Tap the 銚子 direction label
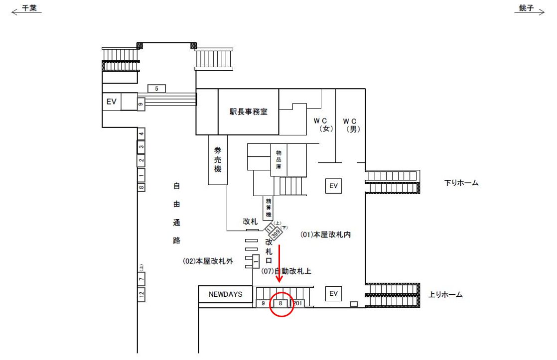(526, 8)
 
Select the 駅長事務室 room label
(248, 112)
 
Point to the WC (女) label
(323, 124)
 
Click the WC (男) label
(351, 124)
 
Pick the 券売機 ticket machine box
(217, 160)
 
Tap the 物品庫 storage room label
(278, 160)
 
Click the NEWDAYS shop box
(225, 294)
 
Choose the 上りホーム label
(445, 295)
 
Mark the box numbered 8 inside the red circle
(280, 303)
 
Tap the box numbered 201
(298, 303)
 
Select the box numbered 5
(156, 89)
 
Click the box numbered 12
(141, 294)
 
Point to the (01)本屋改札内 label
(326, 235)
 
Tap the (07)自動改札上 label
(286, 271)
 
